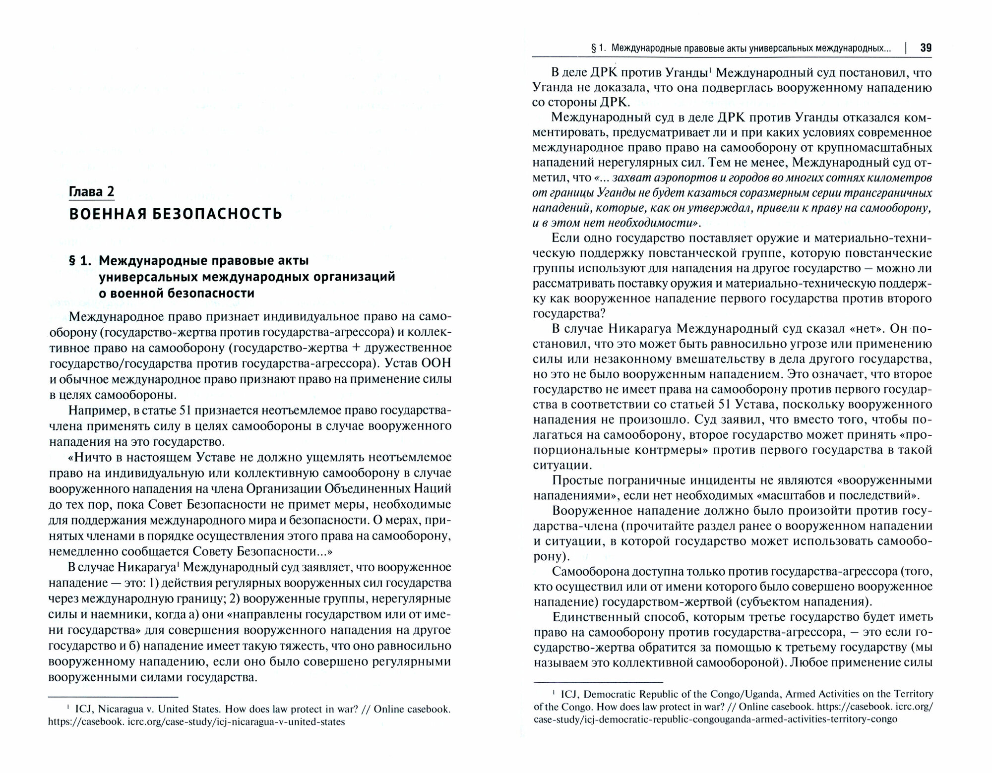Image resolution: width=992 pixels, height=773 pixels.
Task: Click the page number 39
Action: coord(926,48)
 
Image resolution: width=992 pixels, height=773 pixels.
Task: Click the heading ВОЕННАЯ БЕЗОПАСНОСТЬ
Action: coord(176,214)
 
